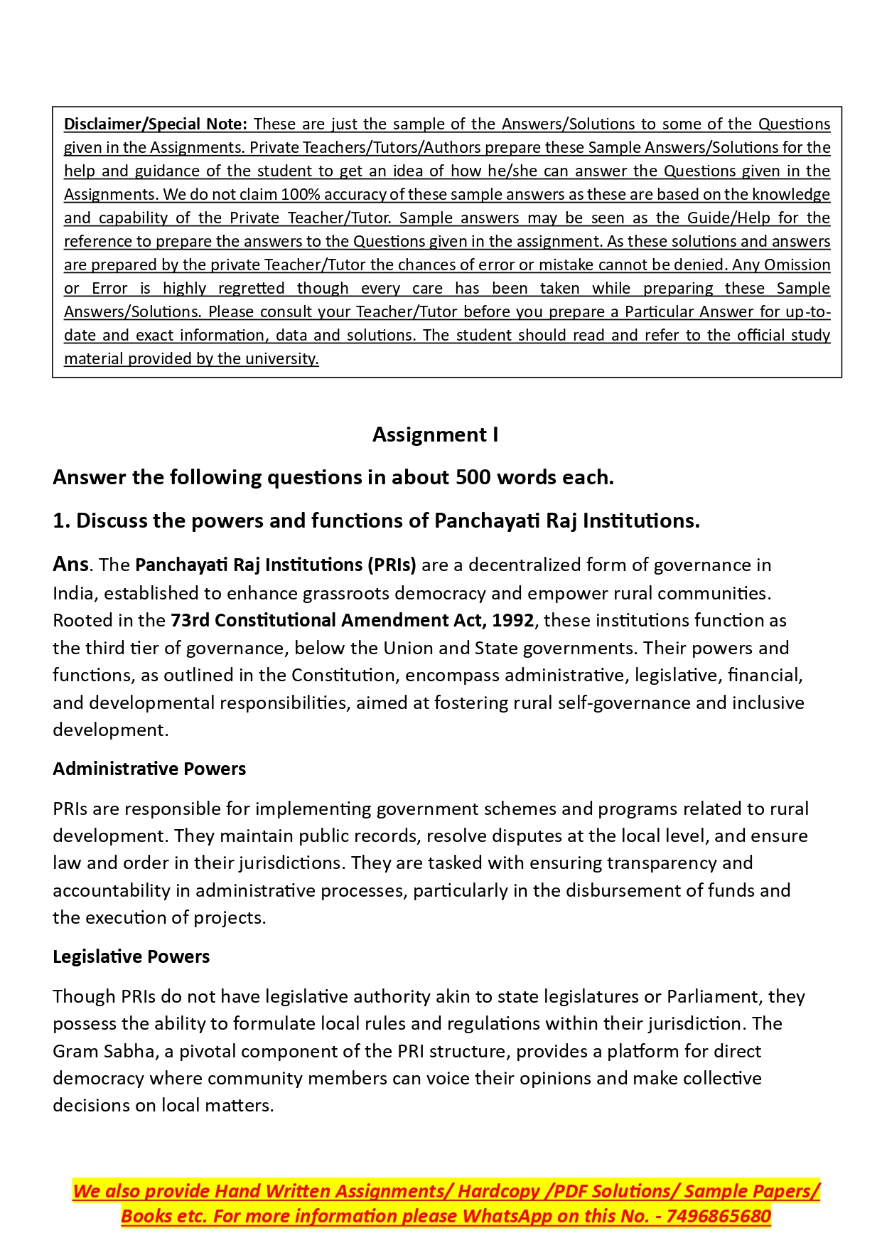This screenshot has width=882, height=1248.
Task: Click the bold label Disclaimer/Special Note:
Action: tap(155, 124)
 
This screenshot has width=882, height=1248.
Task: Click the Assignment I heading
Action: tap(435, 434)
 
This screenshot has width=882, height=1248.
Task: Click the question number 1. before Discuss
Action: tap(61, 521)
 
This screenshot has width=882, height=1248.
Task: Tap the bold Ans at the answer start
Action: tap(70, 565)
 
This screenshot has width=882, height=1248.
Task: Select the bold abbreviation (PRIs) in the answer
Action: tap(391, 565)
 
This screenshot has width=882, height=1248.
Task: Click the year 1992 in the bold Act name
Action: tap(512, 621)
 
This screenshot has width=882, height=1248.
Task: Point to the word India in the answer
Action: tap(73, 593)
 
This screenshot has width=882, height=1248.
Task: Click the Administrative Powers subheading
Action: tap(149, 769)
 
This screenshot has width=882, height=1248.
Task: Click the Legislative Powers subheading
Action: tap(131, 956)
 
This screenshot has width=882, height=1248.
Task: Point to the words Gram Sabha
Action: tap(104, 1052)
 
